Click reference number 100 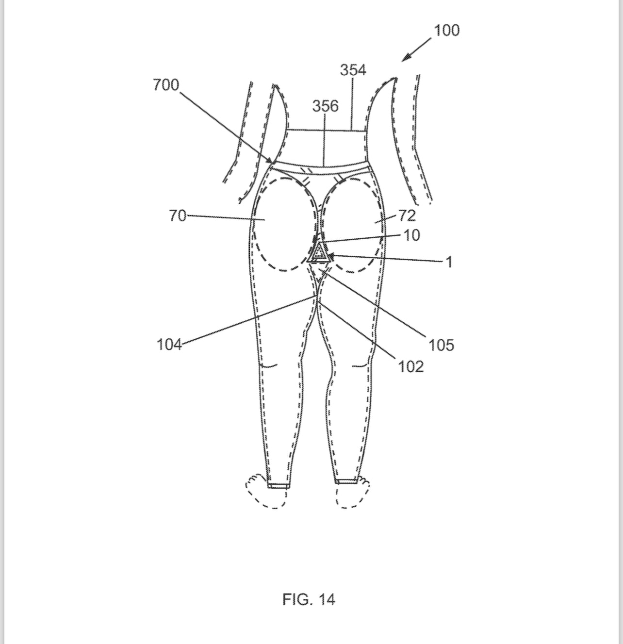click(447, 31)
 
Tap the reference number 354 click(353, 70)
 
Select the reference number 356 click(326, 106)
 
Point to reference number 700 click(166, 85)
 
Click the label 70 click(178, 216)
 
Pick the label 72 click(407, 216)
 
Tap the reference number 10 click(412, 236)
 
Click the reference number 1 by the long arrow click(449, 262)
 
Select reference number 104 click(169, 345)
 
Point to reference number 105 click(441, 345)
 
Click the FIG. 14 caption click(309, 599)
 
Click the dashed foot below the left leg click(266, 491)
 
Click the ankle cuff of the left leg click(278, 485)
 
